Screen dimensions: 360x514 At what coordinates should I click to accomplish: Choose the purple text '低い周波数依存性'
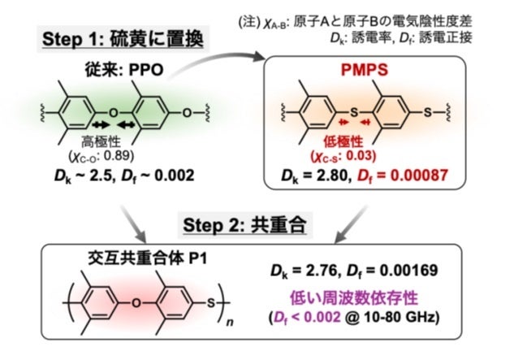(371, 293)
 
